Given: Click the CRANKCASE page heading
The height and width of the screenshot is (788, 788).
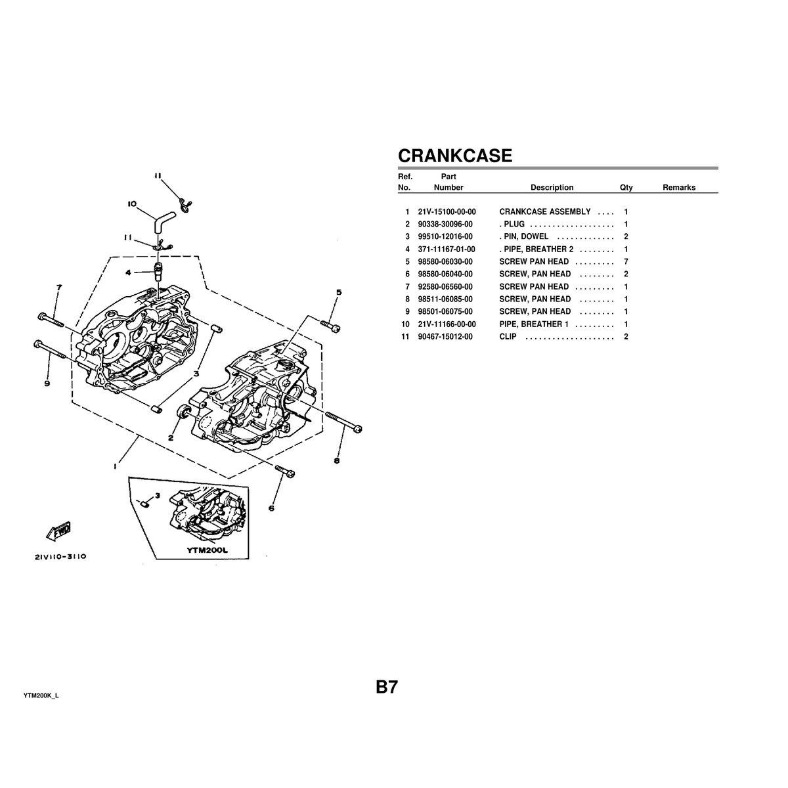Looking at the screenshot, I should pyautogui.click(x=455, y=156).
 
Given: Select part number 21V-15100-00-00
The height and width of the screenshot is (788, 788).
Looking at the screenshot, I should pyautogui.click(x=447, y=212).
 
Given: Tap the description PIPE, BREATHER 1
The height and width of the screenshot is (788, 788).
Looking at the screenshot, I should pyautogui.click(x=534, y=324).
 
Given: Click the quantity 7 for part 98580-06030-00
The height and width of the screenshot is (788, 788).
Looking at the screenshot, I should pyautogui.click(x=626, y=262).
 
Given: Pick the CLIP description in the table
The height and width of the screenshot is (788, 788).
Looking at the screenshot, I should pyautogui.click(x=508, y=337).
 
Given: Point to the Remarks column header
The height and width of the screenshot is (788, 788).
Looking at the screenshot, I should pyautogui.click(x=678, y=188).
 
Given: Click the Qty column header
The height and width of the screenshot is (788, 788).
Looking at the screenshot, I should pyautogui.click(x=626, y=188).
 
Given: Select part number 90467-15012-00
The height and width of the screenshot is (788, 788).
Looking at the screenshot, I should pyautogui.click(x=447, y=337).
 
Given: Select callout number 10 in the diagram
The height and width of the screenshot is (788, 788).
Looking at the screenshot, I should pyautogui.click(x=132, y=204).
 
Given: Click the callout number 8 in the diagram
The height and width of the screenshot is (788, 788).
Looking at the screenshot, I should pyautogui.click(x=336, y=461).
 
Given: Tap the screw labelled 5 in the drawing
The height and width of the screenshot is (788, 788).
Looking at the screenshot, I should pyautogui.click(x=330, y=325).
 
